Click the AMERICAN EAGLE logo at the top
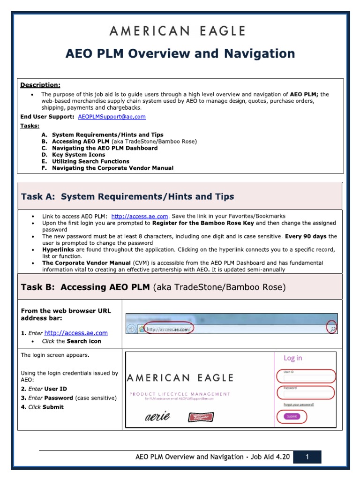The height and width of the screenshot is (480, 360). (178, 31)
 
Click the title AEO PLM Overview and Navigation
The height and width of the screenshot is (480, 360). (180, 54)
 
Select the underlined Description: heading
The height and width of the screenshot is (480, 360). (40, 85)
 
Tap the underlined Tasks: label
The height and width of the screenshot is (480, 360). (30, 126)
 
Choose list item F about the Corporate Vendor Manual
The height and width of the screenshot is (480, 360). (107, 168)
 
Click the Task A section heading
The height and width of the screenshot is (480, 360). (127, 196)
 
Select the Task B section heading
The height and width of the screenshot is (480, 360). (153, 287)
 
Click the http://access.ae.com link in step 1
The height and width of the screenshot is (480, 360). (76, 333)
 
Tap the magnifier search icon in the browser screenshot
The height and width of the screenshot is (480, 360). (332, 330)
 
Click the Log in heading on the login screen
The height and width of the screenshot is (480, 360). (293, 358)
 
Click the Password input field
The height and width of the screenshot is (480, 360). (309, 393)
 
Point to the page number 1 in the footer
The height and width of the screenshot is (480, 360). (307, 457)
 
